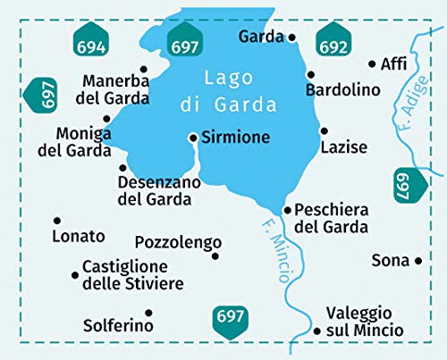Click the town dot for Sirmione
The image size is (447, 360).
(192, 138)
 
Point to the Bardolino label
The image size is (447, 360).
(343, 90)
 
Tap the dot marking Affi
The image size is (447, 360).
(372, 64)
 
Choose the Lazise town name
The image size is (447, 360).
(343, 147)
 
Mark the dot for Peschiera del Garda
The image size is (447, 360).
(287, 210)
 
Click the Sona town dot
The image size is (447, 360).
(418, 261)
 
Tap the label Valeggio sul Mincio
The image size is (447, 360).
(358, 322)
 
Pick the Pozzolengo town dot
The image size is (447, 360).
(215, 256)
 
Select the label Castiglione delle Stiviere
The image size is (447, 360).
(132, 275)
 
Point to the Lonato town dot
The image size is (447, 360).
(56, 220)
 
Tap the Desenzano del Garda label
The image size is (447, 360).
(155, 190)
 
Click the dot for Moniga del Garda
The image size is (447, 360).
(106, 118)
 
